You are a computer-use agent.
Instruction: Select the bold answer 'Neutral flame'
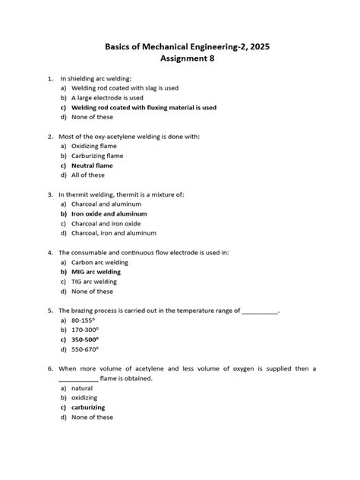(91, 165)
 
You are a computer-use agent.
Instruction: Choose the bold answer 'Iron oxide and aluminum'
(109, 213)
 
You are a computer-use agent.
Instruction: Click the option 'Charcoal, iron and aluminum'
(113, 233)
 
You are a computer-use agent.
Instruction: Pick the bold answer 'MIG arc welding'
(96, 271)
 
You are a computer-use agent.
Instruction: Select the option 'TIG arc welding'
(93, 281)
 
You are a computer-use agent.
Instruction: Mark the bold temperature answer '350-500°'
(85, 339)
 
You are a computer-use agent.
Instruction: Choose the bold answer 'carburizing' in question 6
(88, 407)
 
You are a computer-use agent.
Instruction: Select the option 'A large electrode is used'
(106, 98)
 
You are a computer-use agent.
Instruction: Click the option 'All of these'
(87, 175)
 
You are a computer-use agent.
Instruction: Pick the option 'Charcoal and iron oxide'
(106, 223)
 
